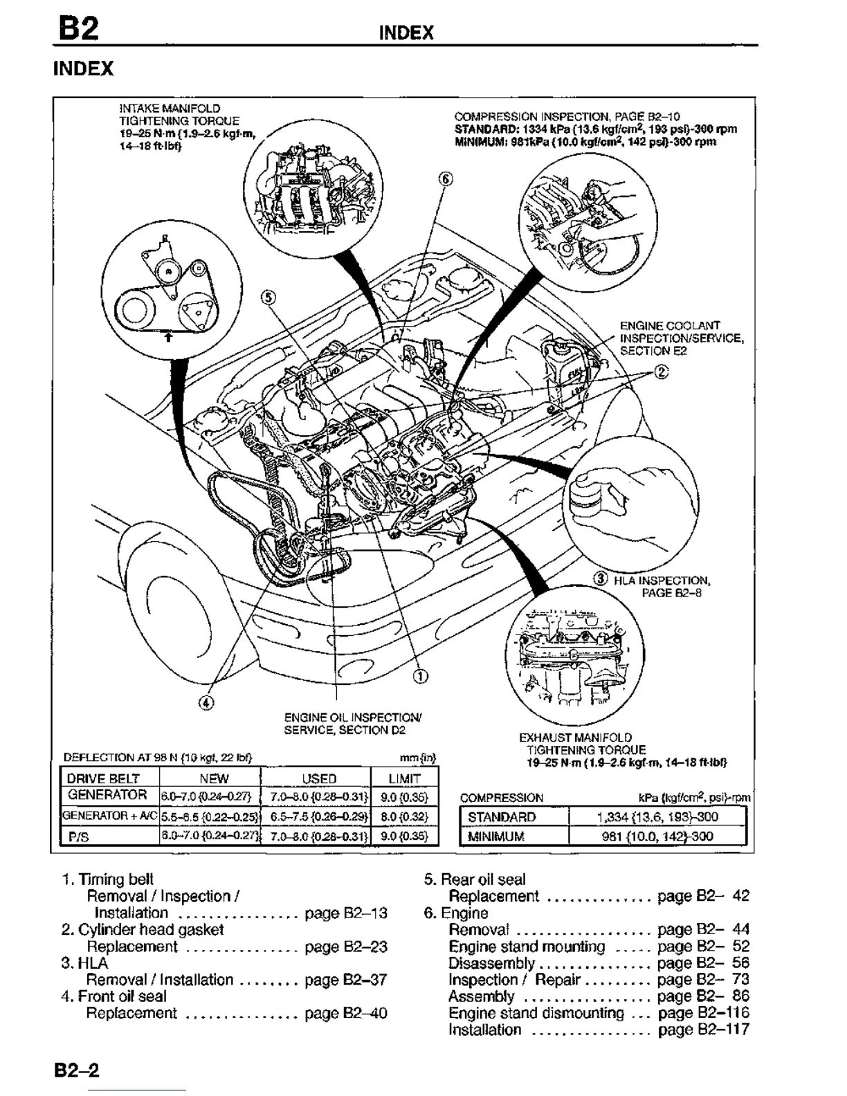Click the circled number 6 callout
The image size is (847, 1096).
(x=446, y=179)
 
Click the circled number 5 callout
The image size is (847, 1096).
(x=268, y=298)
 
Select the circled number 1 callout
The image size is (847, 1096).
(x=420, y=675)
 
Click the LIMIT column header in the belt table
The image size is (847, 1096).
(x=405, y=778)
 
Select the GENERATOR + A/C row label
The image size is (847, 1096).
(x=109, y=815)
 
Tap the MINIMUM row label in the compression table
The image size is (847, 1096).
(x=496, y=836)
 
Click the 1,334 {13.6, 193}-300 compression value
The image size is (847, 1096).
(x=657, y=816)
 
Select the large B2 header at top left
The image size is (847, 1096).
(x=78, y=30)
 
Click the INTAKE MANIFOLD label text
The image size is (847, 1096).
(x=170, y=108)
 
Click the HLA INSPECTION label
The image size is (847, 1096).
(x=662, y=581)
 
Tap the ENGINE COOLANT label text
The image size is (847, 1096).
(x=669, y=325)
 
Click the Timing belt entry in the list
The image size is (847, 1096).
(x=116, y=879)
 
